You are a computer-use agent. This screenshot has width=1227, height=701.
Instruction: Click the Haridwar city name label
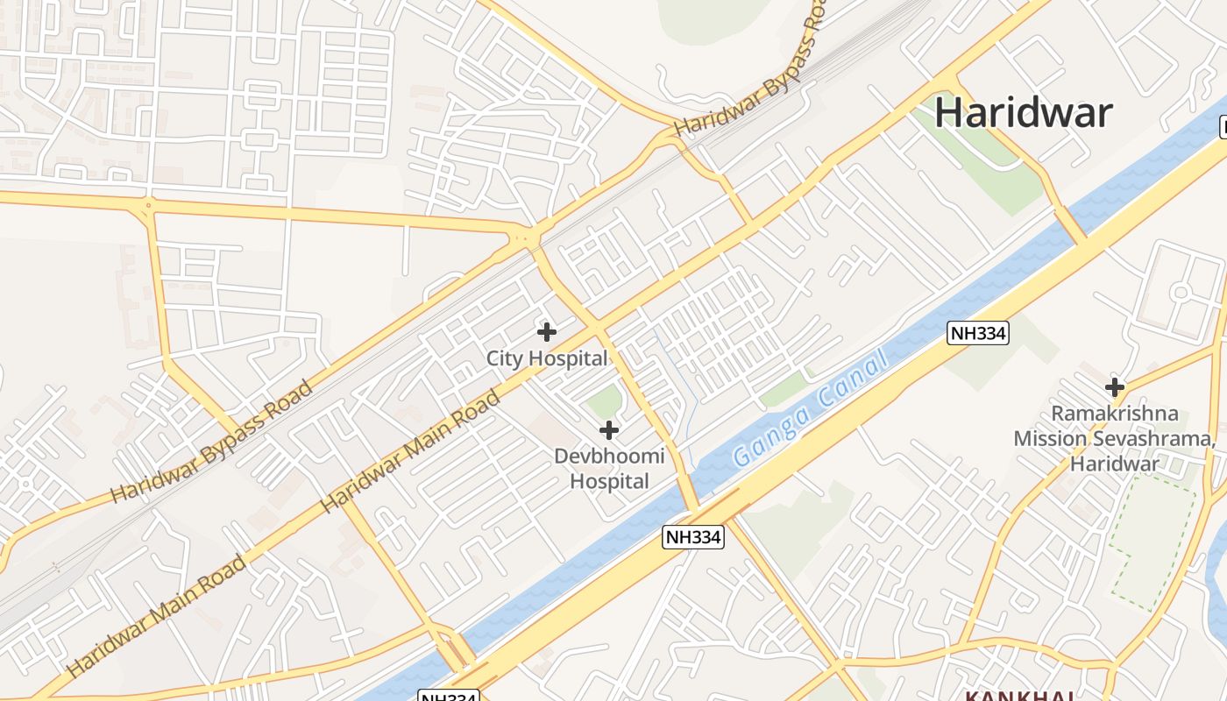[x=1024, y=113]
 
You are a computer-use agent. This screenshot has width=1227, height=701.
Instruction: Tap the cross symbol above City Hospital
[x=547, y=332]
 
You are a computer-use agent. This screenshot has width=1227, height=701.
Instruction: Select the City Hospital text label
[x=547, y=358]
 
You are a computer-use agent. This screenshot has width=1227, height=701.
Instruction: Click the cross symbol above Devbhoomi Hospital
[x=609, y=430]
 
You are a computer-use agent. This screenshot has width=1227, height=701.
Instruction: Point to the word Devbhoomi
[x=609, y=456]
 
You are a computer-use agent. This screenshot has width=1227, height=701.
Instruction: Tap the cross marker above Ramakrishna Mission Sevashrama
[x=1115, y=386]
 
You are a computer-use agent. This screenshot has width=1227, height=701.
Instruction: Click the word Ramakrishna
[x=1115, y=414]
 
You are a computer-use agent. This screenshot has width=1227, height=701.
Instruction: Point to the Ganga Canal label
[x=810, y=408]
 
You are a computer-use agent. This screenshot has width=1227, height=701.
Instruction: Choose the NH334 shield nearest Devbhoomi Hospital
[x=693, y=537]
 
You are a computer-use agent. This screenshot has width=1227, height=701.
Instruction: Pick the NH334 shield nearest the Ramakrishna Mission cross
[x=978, y=333]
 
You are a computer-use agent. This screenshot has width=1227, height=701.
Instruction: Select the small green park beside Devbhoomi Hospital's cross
[x=604, y=402]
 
